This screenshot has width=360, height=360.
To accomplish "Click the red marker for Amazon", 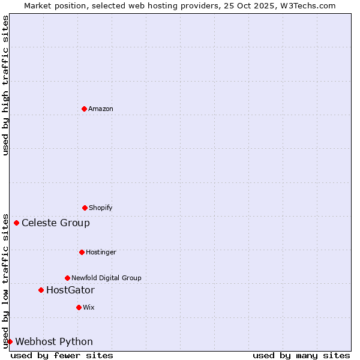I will (x=84, y=109).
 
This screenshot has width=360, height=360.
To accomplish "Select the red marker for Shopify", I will (x=85, y=208).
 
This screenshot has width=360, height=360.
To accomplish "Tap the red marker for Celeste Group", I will (x=16, y=223).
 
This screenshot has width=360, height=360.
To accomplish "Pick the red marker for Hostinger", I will (x=82, y=252).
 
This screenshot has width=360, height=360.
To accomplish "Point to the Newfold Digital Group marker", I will (x=67, y=278).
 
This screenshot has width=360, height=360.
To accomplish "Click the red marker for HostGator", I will (x=41, y=290).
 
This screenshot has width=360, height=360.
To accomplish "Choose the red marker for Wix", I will (x=79, y=307).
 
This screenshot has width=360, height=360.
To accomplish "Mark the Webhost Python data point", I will (x=10, y=342).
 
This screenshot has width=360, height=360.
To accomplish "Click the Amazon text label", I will (x=101, y=109).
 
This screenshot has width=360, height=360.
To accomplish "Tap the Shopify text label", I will (x=101, y=208).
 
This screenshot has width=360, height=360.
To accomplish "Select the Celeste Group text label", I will (x=56, y=223).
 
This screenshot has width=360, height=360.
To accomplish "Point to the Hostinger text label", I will (x=101, y=252).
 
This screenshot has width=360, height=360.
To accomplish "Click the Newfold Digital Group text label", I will (x=106, y=278).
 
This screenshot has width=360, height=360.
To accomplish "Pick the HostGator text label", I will (x=70, y=290).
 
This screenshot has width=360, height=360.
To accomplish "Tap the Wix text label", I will (x=89, y=307).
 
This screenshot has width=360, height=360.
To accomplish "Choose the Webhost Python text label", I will (x=54, y=342).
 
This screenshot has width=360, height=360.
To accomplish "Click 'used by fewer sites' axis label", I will (x=62, y=355).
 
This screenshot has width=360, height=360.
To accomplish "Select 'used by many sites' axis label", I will (x=301, y=355).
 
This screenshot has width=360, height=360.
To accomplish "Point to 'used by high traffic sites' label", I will (x=5, y=85).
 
